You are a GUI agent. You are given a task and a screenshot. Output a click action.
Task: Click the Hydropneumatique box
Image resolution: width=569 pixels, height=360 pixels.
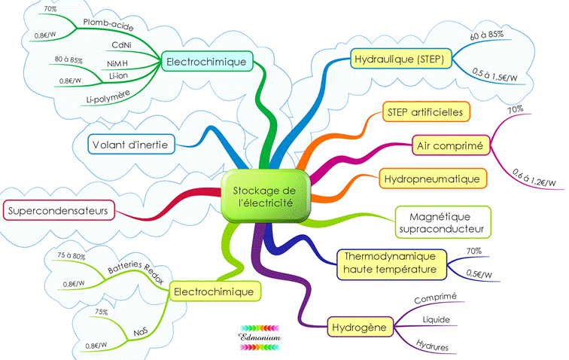coord(432,179)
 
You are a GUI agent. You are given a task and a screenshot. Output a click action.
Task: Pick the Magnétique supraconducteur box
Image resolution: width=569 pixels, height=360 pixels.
coord(442,221)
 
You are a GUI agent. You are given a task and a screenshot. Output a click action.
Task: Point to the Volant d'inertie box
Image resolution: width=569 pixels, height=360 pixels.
coord(132,143)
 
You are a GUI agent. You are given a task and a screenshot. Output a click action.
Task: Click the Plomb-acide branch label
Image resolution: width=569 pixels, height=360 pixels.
coord(108,26)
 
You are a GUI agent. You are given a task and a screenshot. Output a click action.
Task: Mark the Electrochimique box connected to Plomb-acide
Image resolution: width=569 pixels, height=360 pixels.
coord(205,62)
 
